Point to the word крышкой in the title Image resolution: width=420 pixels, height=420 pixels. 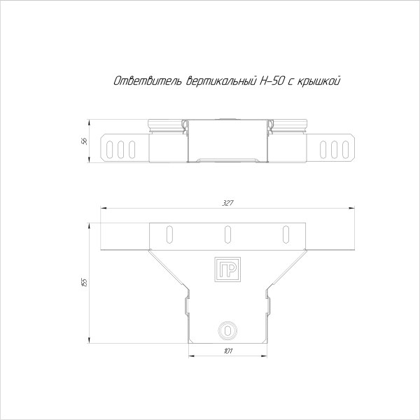click(319, 83)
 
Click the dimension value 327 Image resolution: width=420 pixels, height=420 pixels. click(227, 202)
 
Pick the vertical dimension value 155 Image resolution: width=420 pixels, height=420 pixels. click(84, 282)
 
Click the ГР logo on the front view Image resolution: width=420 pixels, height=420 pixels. click(227, 270)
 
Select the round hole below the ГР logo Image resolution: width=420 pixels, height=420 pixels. click(227, 328)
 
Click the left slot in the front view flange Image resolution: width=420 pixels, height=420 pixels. click(169, 233)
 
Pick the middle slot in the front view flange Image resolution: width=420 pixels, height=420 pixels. click(227, 233)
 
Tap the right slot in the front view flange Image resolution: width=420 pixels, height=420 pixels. click(285, 233)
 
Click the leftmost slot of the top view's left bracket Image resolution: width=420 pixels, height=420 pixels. click(111, 148)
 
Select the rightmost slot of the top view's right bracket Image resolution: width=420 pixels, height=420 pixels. click(343, 148)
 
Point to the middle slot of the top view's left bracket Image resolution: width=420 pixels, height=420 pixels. click(121, 148)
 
